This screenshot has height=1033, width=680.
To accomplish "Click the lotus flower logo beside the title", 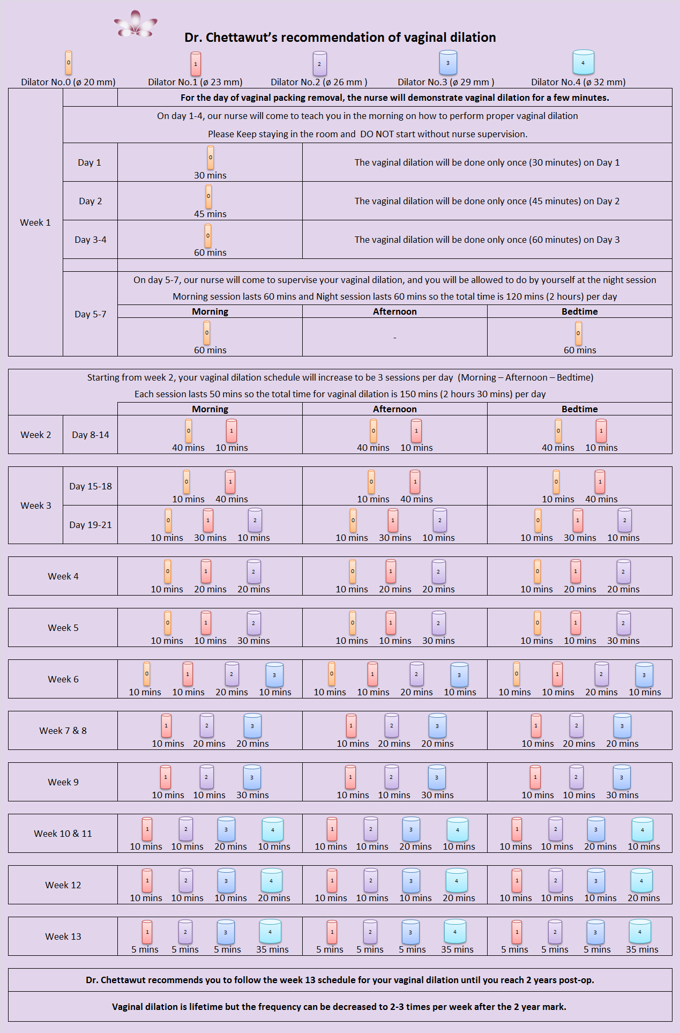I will pos(136,24).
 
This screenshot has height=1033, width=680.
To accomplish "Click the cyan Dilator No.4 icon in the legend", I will pos(583,62).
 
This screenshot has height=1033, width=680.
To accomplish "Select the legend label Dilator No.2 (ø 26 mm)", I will pos(319,82).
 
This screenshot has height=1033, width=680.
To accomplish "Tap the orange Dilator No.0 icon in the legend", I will pos(69,63).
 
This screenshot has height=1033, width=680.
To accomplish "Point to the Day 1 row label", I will pos(89,162).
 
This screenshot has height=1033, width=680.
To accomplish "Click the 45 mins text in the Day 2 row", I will pos(210,214).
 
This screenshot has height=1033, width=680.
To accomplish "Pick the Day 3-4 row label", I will pos(90,240).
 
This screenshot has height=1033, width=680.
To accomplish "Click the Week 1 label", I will pos(35,222).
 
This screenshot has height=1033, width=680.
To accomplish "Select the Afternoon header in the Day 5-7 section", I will pos(394,311).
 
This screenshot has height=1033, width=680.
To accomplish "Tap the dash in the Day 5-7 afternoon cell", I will pos(395,338).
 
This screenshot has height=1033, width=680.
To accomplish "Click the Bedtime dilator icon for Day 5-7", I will pos(578,333).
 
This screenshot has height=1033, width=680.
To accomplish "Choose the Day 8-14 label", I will pos(90,435).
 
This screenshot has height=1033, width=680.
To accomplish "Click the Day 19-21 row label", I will pos(90,525).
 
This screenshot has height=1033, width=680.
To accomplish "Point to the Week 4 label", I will pos(63,576).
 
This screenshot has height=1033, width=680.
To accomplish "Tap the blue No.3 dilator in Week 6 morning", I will pos(274,675).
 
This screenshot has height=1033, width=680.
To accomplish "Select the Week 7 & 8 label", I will pos(63,731).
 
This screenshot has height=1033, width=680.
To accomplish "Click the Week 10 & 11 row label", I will pos(63,834).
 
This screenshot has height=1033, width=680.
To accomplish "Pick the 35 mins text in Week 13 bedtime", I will pos(642,949).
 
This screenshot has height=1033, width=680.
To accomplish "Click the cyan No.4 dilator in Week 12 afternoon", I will pos(457,881).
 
